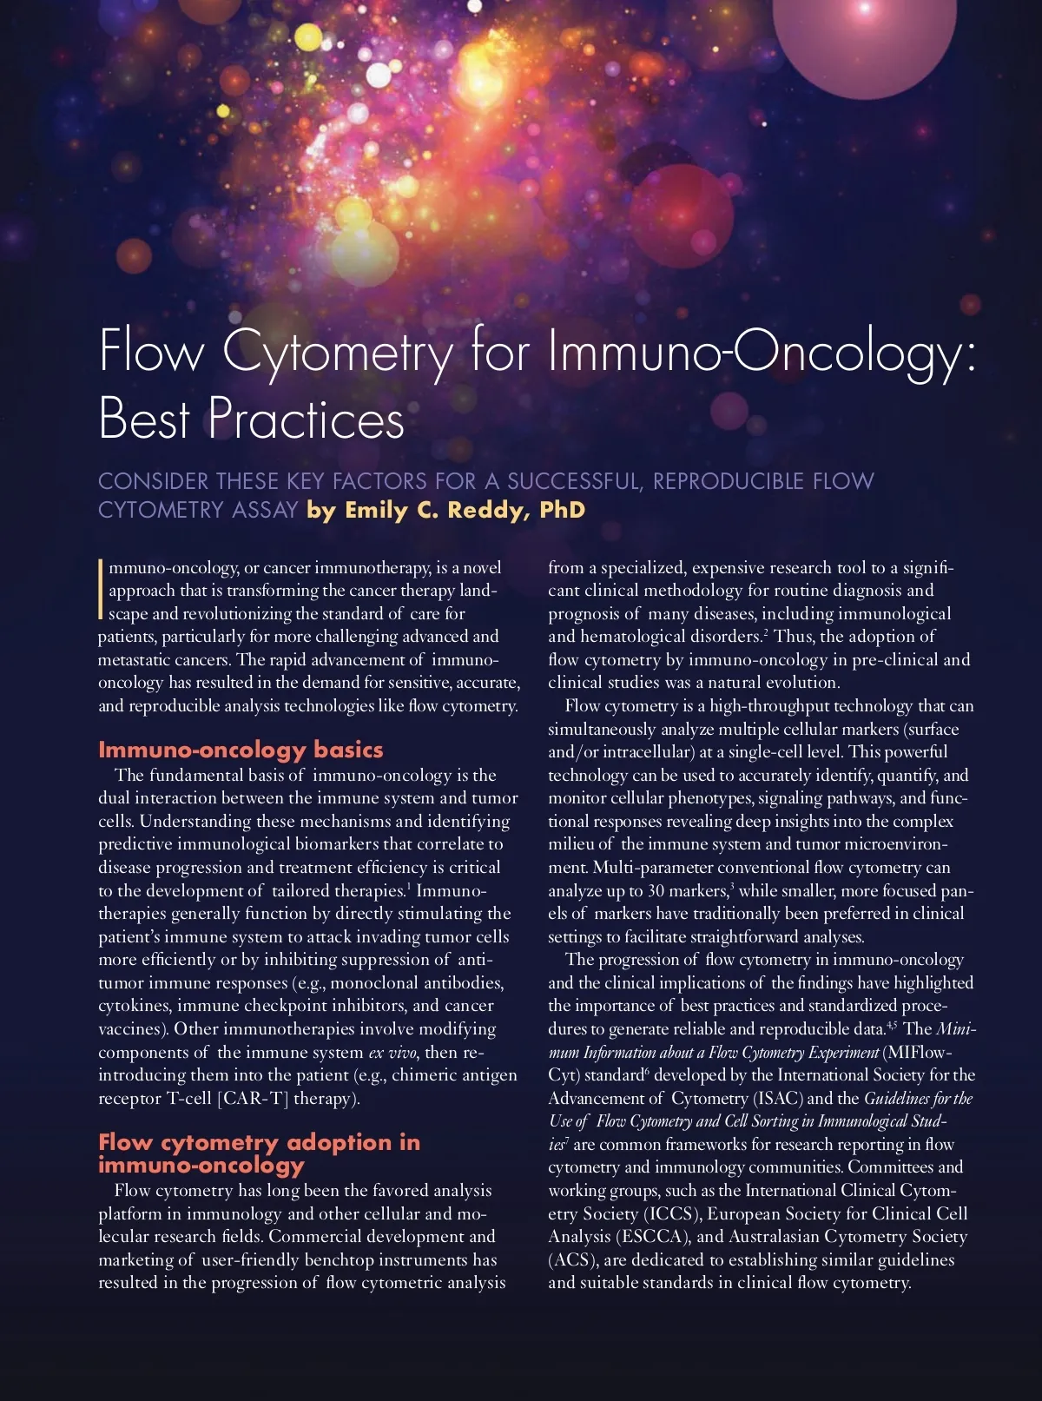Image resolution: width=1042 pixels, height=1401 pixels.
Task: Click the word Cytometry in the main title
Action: [337, 353]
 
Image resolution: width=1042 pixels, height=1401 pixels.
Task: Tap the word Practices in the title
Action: [306, 420]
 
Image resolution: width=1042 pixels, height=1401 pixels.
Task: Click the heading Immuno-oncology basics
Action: [241, 750]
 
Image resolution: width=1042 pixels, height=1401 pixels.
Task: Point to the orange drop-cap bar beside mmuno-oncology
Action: [102, 590]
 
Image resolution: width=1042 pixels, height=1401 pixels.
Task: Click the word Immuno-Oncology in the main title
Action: [755, 353]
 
